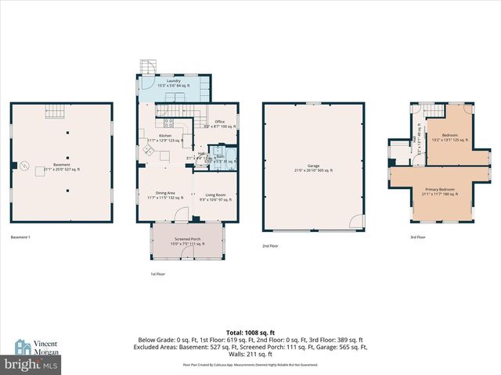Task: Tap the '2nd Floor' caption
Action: [x=272, y=246]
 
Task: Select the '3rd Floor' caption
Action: [x=418, y=237]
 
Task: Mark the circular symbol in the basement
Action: [x=24, y=165]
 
